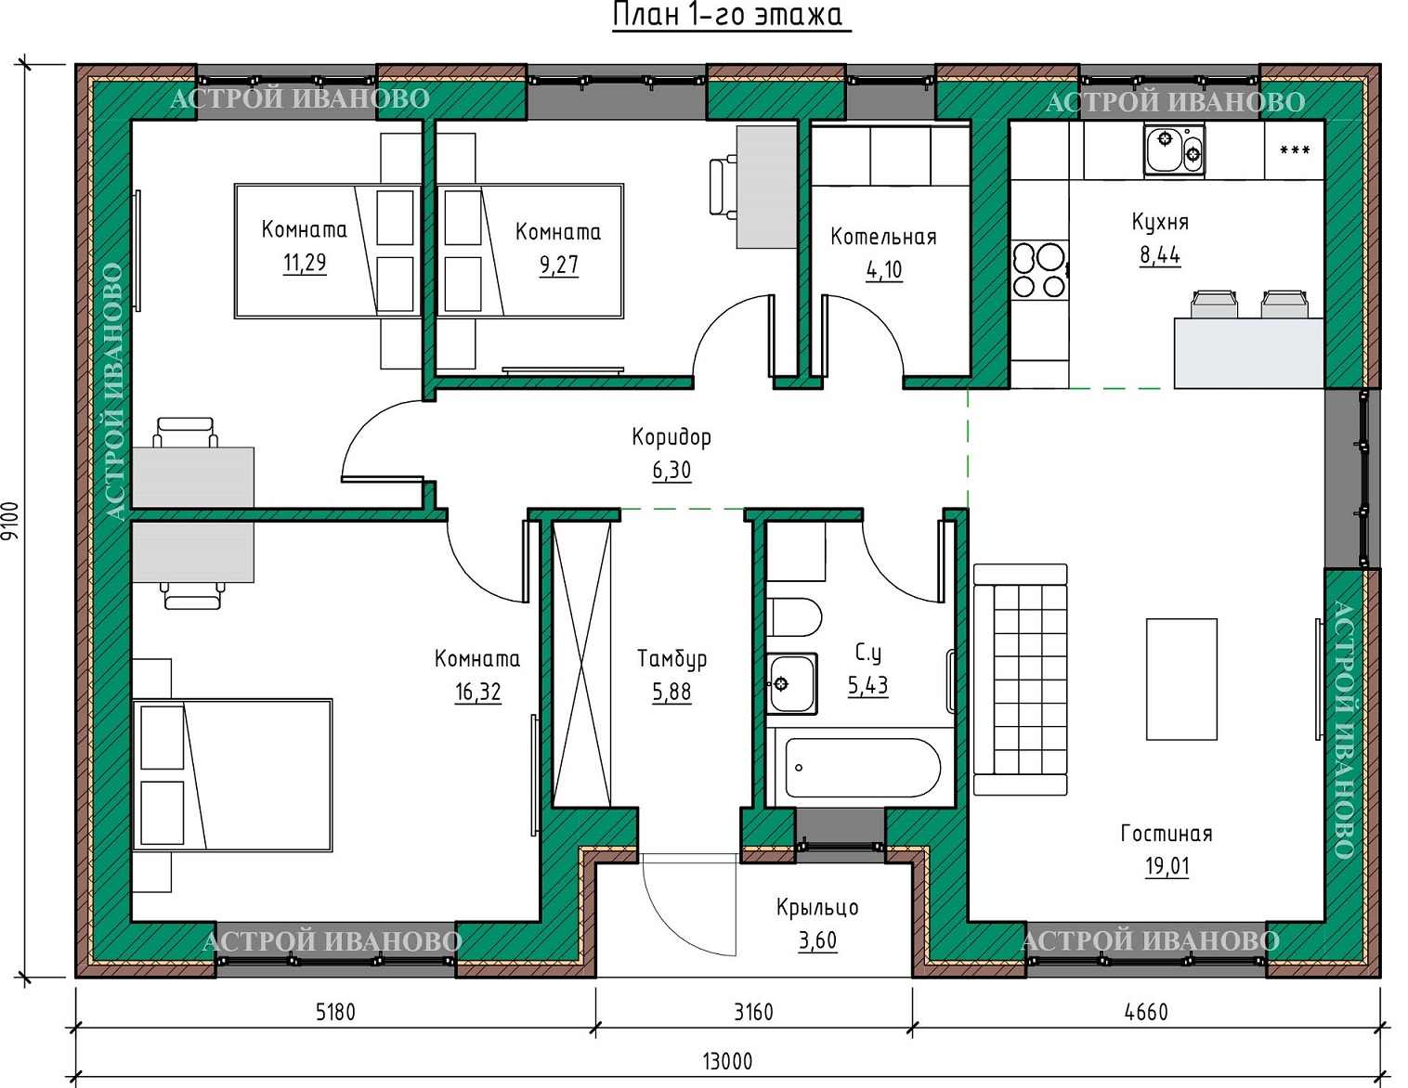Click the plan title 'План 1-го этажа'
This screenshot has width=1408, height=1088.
tap(732, 16)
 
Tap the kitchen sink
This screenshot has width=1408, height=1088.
tap(1174, 150)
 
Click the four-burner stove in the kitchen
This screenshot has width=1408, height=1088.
tap(1038, 269)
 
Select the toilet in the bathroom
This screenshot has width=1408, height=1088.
tap(794, 617)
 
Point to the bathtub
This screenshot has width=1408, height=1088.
tap(863, 768)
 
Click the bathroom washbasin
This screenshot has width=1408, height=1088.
tap(791, 684)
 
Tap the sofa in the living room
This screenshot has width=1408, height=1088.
tap(1020, 680)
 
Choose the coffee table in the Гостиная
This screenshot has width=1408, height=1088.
tap(1181, 679)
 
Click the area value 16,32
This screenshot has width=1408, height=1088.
tap(477, 693)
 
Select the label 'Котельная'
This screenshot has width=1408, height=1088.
tap(883, 237)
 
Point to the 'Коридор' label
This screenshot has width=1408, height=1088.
tap(671, 438)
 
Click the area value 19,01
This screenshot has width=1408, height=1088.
tap(1167, 866)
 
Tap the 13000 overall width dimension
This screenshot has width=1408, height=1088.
tap(727, 1061)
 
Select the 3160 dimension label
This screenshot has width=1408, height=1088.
tap(753, 1012)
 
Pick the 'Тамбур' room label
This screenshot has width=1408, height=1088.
tap(671, 658)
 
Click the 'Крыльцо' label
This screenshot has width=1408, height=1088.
tap(817, 908)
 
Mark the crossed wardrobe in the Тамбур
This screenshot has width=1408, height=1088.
tap(581, 663)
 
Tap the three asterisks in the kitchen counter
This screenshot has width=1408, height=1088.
tap(1295, 151)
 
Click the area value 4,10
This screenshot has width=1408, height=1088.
tap(884, 270)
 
